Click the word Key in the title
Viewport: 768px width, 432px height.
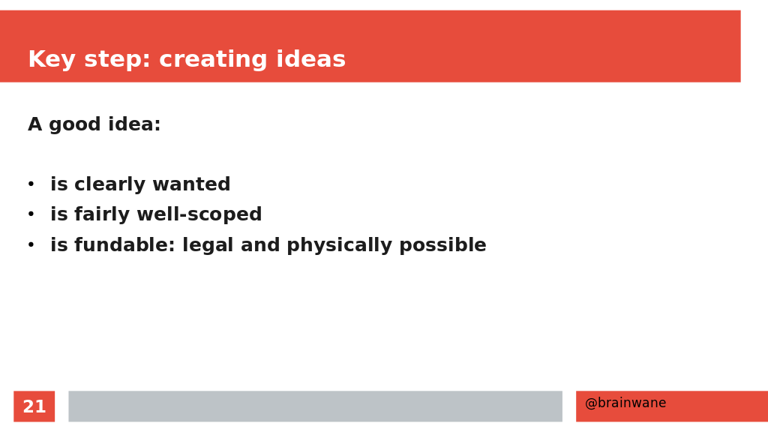(x=52, y=60)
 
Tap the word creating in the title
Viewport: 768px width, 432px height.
(x=213, y=60)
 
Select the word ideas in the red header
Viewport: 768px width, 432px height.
(x=311, y=58)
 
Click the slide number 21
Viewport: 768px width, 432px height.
(x=34, y=406)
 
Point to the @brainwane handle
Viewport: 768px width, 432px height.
(x=625, y=403)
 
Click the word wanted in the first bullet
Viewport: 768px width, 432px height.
(x=191, y=184)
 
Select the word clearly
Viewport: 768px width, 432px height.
(x=110, y=184)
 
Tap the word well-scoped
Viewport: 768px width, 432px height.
(x=199, y=214)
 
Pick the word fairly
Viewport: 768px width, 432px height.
(x=102, y=214)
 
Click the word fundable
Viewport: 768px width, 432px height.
(x=124, y=245)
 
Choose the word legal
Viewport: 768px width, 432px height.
(x=208, y=245)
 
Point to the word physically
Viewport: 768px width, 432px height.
(x=339, y=245)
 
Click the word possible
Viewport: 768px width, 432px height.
(x=442, y=245)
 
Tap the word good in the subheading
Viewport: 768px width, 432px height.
(x=74, y=125)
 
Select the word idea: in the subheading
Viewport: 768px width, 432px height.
(x=134, y=124)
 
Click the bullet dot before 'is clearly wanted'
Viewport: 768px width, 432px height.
(x=31, y=184)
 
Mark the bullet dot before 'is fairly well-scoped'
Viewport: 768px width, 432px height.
(x=31, y=214)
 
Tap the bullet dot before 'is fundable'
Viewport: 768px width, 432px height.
(x=31, y=244)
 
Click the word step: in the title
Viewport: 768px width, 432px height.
(x=117, y=60)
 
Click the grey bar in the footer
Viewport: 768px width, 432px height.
(x=316, y=406)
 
